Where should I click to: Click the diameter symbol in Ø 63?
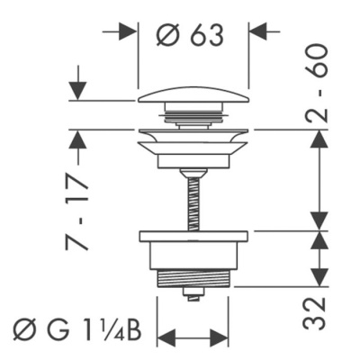167,35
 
